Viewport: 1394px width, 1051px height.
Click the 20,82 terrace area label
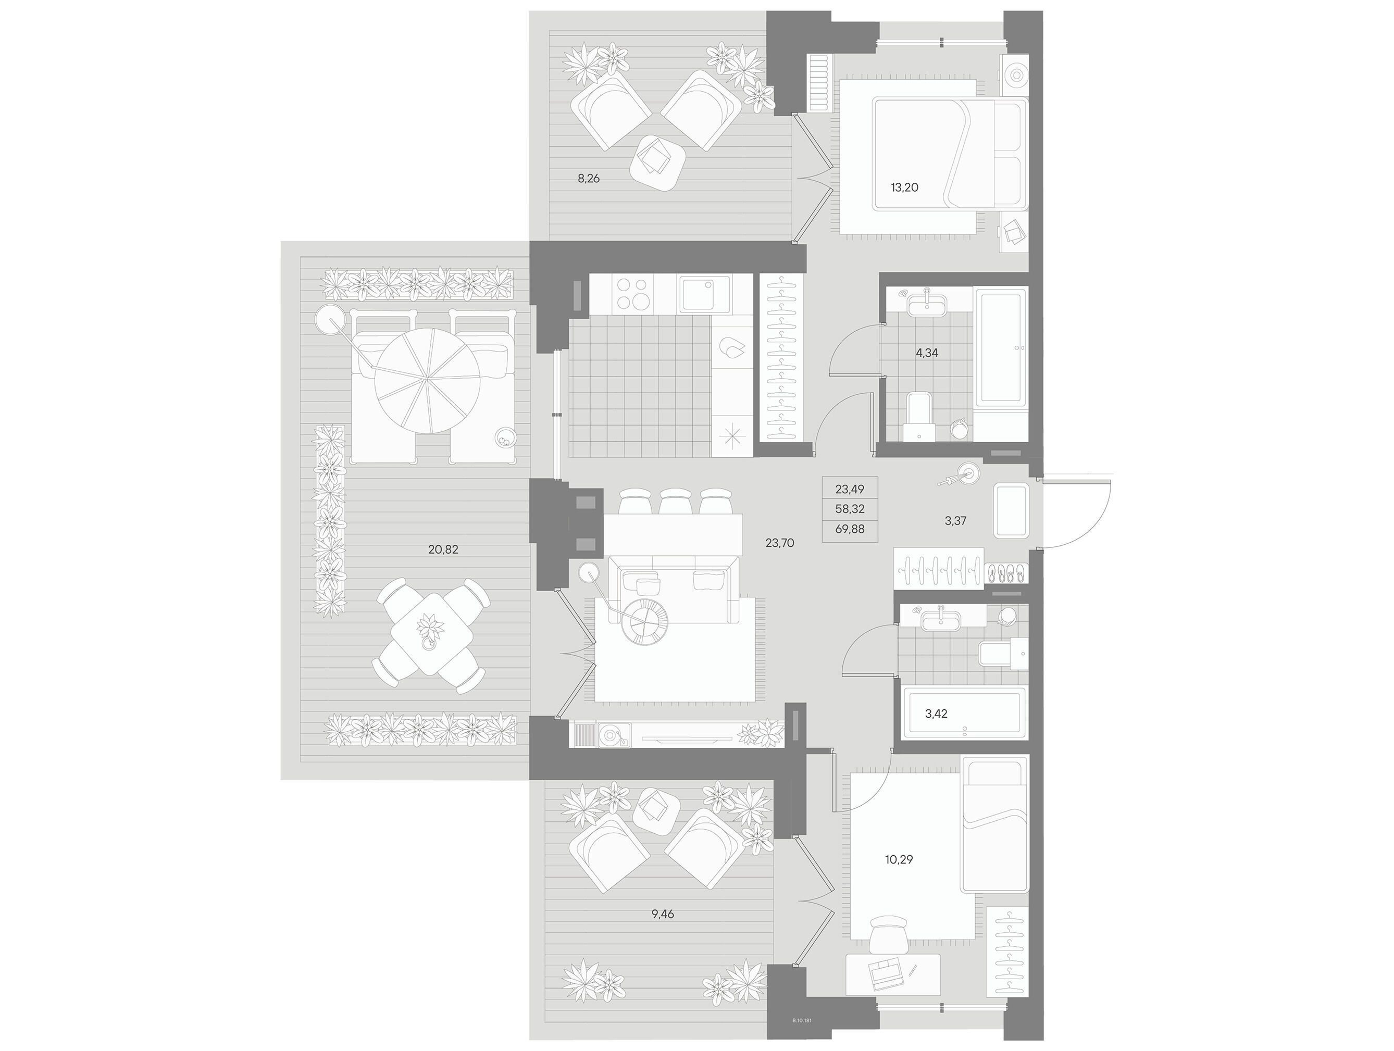click(x=443, y=549)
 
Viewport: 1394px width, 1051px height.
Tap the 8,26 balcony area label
click(x=147, y=178)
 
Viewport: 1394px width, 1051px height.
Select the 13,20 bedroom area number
click(x=904, y=187)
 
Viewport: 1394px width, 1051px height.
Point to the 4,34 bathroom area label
click(x=926, y=353)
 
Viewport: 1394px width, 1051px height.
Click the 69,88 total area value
click(x=850, y=529)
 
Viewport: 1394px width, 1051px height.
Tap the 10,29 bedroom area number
click(x=899, y=859)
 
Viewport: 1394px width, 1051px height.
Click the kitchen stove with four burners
click(x=633, y=294)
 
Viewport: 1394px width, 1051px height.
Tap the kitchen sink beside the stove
click(x=705, y=294)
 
